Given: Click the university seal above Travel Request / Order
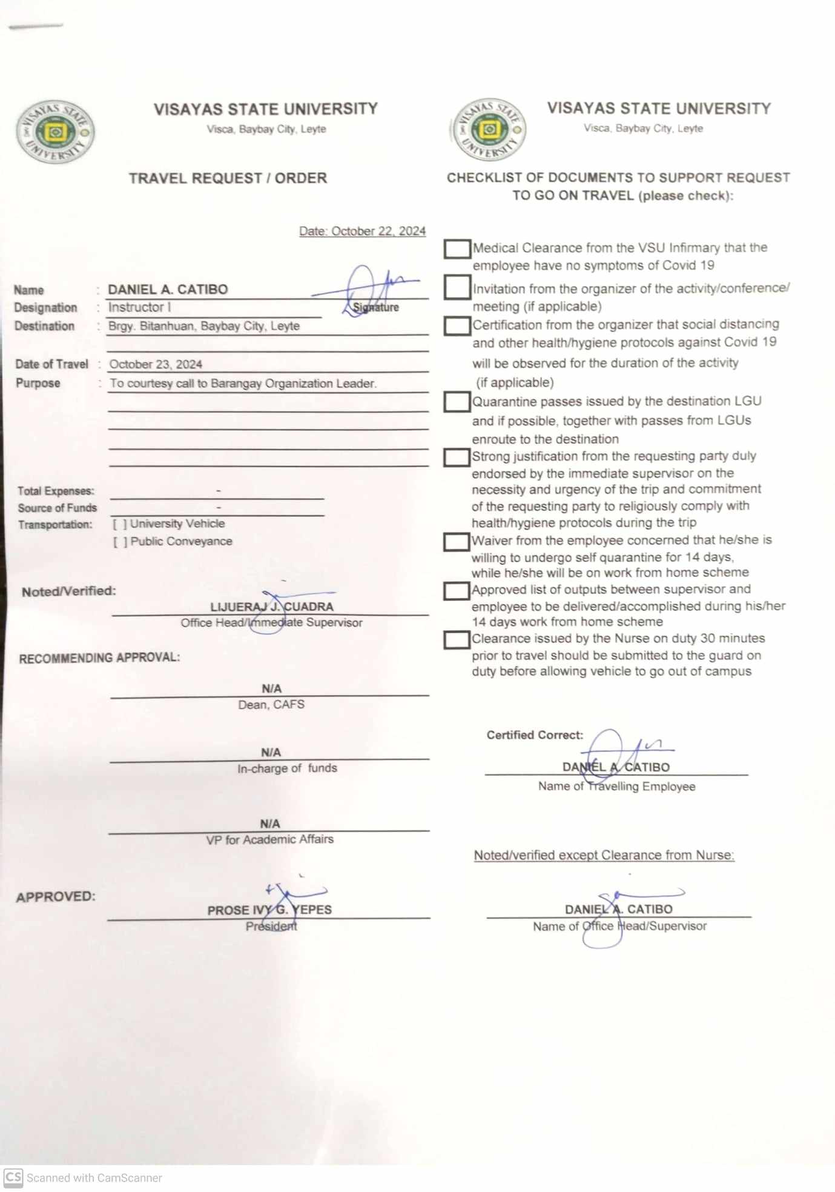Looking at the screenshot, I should [x=55, y=132].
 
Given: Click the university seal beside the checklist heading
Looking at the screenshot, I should [x=489, y=129].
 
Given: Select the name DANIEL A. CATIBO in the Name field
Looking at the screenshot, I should [x=168, y=289].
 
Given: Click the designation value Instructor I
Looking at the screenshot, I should [x=139, y=307].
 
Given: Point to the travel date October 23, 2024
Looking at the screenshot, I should [x=156, y=364].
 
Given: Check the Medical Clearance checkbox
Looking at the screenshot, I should [x=457, y=248].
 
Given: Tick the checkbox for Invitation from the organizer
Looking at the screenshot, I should [x=457, y=287].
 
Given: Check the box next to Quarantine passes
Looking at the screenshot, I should [x=457, y=402].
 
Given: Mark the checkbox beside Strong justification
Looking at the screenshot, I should [x=457, y=457].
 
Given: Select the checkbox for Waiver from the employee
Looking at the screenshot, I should [x=457, y=542].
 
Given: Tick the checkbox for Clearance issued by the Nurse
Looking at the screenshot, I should [x=457, y=640].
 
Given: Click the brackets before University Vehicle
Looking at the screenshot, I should [x=120, y=524].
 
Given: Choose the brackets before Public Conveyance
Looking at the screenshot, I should [x=120, y=542].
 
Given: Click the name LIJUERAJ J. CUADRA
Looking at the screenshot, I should [x=271, y=607].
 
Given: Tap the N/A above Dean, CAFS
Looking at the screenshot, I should [x=271, y=688].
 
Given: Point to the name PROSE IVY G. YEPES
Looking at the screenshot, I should [x=269, y=910].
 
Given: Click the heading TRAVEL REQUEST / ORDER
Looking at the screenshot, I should [x=228, y=178].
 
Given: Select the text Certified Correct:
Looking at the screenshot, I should [x=535, y=735].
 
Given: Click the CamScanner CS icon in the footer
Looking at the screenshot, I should [x=13, y=1177].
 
